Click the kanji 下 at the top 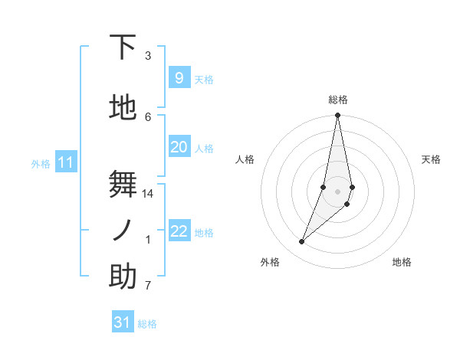tap(123, 47)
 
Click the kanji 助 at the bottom tap(123, 277)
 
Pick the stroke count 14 tap(148, 194)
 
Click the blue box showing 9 tap(179, 78)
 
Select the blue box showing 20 tap(179, 147)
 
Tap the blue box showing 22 tap(179, 231)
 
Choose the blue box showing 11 tap(65, 162)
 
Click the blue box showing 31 tap(123, 322)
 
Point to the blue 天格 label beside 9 tap(204, 80)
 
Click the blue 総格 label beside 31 tap(147, 324)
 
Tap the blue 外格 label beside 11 tap(41, 164)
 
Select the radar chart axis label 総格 tap(338, 100)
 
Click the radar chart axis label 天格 tap(432, 159)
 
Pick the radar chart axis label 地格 tap(402, 262)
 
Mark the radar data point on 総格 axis tap(338, 116)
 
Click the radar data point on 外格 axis tap(302, 242)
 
